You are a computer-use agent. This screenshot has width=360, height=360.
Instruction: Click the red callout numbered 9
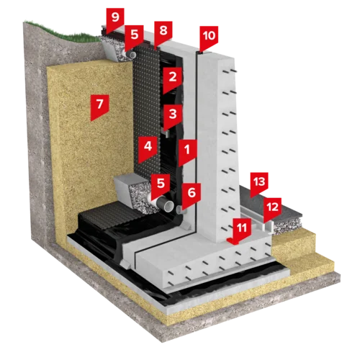click(x=115, y=19)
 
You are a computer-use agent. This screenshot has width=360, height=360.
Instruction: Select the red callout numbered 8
click(x=163, y=32)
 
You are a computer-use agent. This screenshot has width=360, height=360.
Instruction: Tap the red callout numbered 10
click(x=209, y=37)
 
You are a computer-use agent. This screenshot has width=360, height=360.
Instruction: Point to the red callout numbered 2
click(x=172, y=79)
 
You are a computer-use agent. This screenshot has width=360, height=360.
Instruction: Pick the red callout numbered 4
click(x=148, y=149)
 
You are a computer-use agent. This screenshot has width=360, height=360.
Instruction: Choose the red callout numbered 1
click(x=187, y=153)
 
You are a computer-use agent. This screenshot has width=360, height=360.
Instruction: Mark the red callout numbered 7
click(x=99, y=107)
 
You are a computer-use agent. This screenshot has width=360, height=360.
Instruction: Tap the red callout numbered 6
click(x=192, y=195)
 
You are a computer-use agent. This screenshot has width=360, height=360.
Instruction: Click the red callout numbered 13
click(x=259, y=184)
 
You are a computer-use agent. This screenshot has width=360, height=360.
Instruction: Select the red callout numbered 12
click(x=272, y=209)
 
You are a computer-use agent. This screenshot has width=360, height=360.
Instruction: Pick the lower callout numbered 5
click(x=161, y=186)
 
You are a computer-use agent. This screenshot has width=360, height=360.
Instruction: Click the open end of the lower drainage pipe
click(x=169, y=206)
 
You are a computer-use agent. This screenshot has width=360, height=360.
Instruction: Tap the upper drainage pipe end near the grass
click(x=132, y=55)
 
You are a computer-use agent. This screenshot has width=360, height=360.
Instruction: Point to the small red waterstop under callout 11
click(x=233, y=241)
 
